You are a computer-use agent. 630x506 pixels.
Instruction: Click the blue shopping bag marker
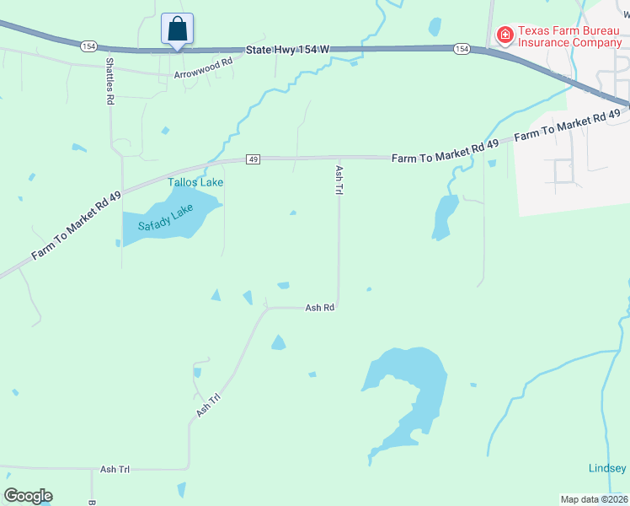point(178,30)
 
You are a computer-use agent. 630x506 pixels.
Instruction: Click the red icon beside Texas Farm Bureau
point(505,35)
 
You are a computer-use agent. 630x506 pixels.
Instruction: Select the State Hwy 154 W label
point(287,50)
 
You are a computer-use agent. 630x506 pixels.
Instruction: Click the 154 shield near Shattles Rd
point(88,46)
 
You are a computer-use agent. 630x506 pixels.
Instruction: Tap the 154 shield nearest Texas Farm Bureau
point(462,49)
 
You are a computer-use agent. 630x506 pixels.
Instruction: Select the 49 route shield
point(252,159)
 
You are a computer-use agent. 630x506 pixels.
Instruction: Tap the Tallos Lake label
point(195,182)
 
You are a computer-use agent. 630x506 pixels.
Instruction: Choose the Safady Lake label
point(166,218)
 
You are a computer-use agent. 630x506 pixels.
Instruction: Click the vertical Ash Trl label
point(339,180)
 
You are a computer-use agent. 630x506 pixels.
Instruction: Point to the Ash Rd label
point(320,308)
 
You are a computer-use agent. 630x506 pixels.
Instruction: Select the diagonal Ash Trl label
point(208,405)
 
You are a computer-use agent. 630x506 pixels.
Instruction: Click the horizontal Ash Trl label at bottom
point(115,469)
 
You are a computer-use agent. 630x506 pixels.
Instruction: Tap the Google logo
point(28,496)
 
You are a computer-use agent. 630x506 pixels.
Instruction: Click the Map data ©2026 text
point(595,499)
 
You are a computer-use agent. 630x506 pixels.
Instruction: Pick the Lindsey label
point(606,469)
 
